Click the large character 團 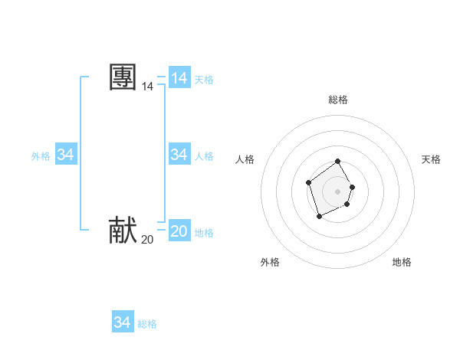pos(123,78)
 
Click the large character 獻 pos(123,231)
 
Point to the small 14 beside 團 pos(147,87)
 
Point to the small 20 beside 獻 pos(147,240)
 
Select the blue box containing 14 pos(179,78)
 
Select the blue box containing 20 pos(179,231)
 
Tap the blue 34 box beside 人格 pos(179,155)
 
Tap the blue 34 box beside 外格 pos(66,155)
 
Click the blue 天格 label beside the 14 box pos(204,80)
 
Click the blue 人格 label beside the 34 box pos(204,156)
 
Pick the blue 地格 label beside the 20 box pos(204,233)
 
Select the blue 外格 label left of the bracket pos(41,156)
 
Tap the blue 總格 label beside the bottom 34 pos(147,324)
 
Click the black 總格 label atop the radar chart pos(338,100)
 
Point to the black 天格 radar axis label pos(431,159)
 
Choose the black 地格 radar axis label pos(402,262)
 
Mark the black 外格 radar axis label pos(270,262)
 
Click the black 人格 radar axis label pos(245,159)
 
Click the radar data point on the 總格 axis pos(338,162)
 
